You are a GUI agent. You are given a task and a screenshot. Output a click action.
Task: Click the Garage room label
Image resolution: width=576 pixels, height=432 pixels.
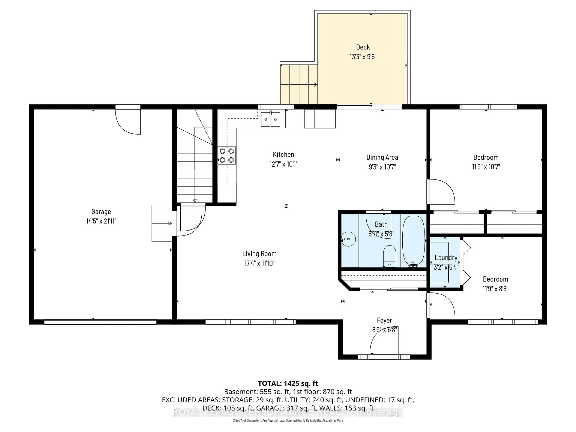pyautogui.click(x=101, y=211)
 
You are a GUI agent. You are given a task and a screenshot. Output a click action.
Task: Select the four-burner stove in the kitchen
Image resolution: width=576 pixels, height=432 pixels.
pyautogui.click(x=227, y=155)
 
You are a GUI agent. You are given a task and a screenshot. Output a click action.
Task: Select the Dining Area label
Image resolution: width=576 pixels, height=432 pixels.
pyautogui.click(x=382, y=157)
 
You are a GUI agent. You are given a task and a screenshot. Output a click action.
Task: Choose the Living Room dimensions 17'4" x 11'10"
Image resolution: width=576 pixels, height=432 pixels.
pyautogui.click(x=259, y=263)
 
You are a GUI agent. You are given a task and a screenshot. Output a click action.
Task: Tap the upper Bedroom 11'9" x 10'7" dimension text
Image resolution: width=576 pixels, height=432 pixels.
pyautogui.click(x=486, y=167)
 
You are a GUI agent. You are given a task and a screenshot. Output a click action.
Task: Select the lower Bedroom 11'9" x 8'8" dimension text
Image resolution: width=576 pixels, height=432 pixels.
pyautogui.click(x=495, y=288)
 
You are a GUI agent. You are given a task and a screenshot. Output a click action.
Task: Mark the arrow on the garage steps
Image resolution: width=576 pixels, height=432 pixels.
pyautogui.click(x=170, y=223)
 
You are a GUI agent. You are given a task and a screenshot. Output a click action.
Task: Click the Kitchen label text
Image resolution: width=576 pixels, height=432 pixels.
pyautogui.click(x=283, y=154)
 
